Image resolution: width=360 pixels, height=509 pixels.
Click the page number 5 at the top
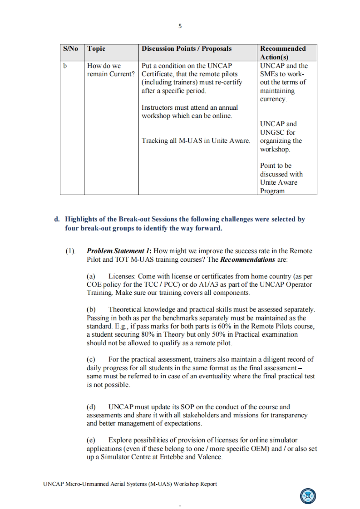click(x=180, y=26)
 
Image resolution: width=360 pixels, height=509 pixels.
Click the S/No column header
click(x=70, y=49)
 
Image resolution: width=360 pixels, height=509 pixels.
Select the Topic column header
click(x=96, y=49)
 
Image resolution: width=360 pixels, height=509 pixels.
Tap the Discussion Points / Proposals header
click(x=187, y=49)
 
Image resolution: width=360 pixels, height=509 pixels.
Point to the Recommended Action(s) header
click(x=283, y=53)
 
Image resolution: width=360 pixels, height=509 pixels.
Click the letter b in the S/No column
click(x=65, y=66)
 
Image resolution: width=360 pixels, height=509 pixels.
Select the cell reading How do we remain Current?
click(x=111, y=70)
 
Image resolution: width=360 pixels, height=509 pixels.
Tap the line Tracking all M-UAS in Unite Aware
click(x=196, y=141)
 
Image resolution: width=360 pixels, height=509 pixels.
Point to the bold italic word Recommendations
click(x=247, y=259)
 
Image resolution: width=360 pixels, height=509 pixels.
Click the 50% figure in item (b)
click(x=221, y=335)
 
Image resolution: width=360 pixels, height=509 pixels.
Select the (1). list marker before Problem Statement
click(x=70, y=251)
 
